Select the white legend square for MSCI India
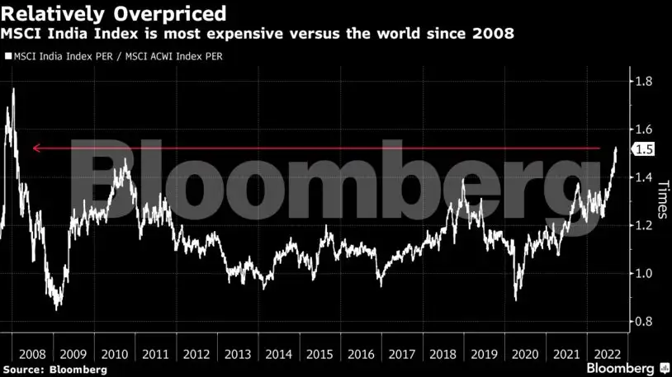[8, 57]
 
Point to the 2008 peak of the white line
[13, 88]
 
